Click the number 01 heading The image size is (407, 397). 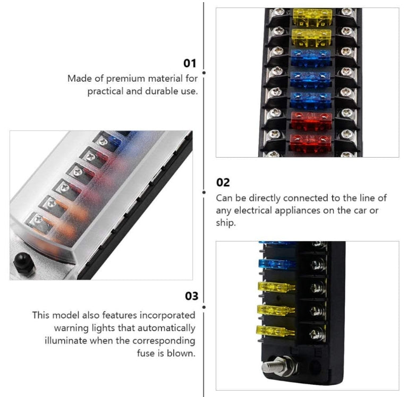(190, 63)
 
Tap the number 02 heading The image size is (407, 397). (223, 183)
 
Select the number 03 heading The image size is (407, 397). (192, 296)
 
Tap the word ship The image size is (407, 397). (226, 223)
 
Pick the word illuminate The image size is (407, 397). (66, 340)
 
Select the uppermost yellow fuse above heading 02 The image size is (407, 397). (312, 18)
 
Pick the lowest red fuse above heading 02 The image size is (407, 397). (311, 143)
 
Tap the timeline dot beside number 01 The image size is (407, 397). (204, 73)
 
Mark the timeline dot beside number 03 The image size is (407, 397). (204, 307)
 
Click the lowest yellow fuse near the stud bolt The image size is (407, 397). (275, 331)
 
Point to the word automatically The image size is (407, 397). (166, 328)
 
